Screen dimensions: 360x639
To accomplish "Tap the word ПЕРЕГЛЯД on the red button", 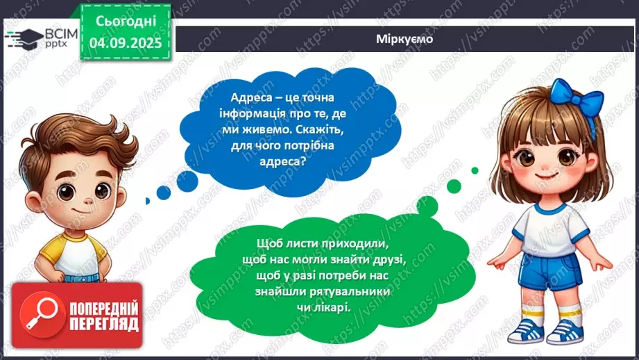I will coord(104,323).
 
